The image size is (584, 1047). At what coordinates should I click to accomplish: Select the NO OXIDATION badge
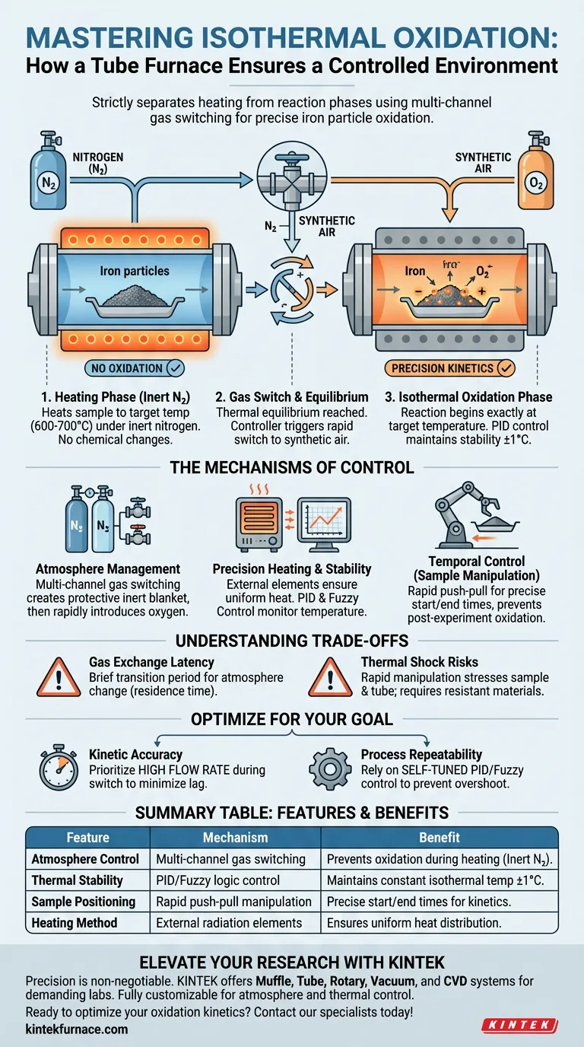[x=135, y=368]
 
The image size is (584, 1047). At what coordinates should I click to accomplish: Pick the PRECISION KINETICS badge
[x=450, y=368]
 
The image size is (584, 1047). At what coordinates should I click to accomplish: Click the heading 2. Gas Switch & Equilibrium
[x=292, y=397]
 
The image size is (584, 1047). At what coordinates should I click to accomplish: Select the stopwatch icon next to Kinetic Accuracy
[x=59, y=767]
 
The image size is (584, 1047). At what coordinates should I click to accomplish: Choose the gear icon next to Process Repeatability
[x=330, y=769]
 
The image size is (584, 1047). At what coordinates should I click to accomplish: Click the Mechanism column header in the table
[x=236, y=837]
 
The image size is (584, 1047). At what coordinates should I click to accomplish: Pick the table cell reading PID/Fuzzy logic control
[x=217, y=880]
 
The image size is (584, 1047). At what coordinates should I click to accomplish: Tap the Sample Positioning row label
[x=83, y=902]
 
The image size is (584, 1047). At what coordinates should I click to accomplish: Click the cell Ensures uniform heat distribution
[x=414, y=923]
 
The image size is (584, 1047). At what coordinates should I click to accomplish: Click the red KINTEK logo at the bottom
[x=519, y=1025]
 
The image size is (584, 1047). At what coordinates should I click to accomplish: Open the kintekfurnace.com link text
[x=77, y=1029]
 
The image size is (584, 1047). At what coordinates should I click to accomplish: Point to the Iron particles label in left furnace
[x=135, y=271]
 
